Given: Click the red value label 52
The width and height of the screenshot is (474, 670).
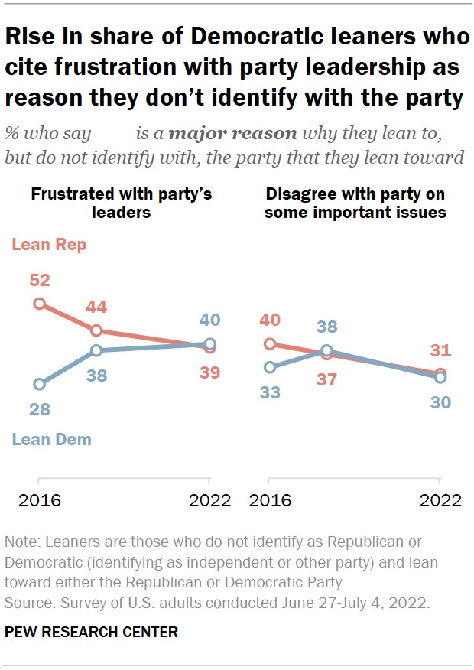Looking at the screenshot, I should click(40, 280).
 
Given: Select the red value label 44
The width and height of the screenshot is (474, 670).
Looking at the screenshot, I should click(96, 307).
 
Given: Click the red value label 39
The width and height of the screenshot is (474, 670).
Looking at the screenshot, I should click(209, 372).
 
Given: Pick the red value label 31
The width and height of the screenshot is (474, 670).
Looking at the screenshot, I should click(440, 351).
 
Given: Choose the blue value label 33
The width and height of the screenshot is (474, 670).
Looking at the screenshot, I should click(269, 392).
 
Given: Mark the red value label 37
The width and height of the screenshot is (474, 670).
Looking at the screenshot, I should click(326, 379).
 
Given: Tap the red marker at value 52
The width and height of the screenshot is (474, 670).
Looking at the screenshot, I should click(40, 304).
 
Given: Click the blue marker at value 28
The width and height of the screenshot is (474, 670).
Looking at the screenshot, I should click(40, 384).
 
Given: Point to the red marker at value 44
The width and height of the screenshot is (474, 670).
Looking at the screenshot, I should click(96, 330).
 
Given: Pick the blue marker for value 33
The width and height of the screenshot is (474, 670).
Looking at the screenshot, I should click(269, 367).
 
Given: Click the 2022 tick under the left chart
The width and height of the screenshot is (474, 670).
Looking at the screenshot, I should click(209, 500).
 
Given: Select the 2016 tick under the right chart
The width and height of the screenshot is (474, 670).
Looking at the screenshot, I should click(269, 500).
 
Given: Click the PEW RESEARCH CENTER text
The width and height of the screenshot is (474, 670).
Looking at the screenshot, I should click(91, 632).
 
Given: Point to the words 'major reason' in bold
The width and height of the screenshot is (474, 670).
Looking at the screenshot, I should click(232, 133).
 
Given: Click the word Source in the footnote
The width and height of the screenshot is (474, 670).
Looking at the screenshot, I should click(25, 602).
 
